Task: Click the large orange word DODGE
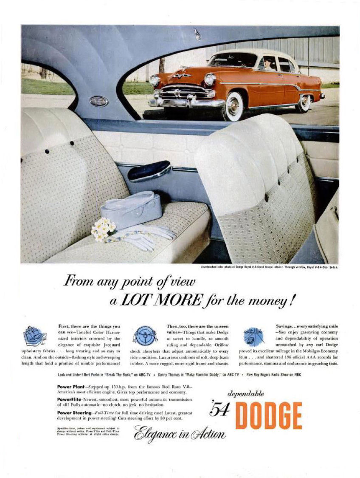click(x=268, y=415)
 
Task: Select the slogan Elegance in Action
click(x=180, y=433)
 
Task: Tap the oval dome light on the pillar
click(x=98, y=101)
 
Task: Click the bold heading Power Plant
click(x=70, y=387)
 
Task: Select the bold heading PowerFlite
click(x=70, y=399)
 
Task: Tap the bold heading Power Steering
click(x=73, y=413)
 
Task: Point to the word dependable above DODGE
click(x=246, y=393)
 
